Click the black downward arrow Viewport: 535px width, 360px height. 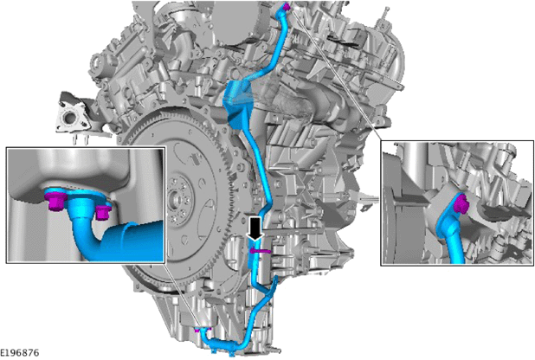pyautogui.click(x=255, y=228)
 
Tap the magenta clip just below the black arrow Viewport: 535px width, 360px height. pyautogui.click(x=261, y=251)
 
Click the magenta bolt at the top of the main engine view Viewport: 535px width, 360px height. pyautogui.click(x=287, y=6)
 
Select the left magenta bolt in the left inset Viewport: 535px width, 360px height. pyautogui.click(x=55, y=202)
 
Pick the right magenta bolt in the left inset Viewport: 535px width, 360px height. pyautogui.click(x=102, y=212)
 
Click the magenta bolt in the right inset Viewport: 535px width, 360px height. pyautogui.click(x=461, y=204)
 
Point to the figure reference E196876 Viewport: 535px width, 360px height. pyautogui.click(x=19, y=352)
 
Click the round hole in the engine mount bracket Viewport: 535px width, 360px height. pyautogui.click(x=68, y=119)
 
